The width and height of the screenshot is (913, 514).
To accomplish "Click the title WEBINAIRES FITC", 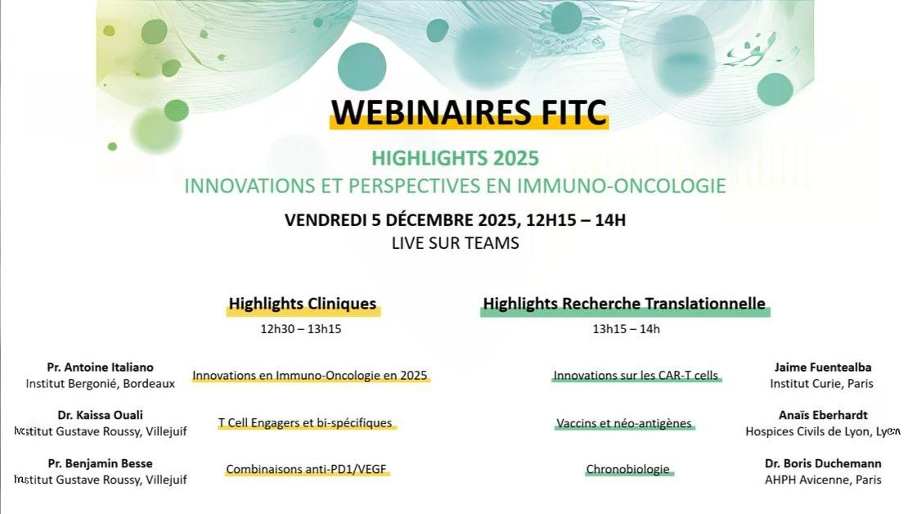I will coord(469,112).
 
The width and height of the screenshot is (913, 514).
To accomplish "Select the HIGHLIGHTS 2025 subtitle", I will coord(455,158).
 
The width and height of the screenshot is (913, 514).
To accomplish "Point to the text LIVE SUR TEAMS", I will coord(455,243).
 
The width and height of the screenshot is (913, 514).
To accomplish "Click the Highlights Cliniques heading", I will coord(303,304).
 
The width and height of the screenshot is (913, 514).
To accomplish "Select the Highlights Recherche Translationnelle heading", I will coord(624,304).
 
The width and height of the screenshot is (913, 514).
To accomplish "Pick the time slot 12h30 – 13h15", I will coord(300,329).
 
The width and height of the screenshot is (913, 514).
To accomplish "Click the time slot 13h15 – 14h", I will coord(626,329).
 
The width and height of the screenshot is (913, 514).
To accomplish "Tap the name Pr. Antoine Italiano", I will coord(101,367).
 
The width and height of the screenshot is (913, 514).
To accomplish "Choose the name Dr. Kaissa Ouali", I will coord(101,415).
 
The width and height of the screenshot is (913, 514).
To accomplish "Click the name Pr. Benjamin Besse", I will coord(101,463).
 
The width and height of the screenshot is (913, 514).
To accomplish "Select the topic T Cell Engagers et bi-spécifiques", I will coord(305,423).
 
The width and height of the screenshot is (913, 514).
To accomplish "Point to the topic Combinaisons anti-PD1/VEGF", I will coord(306,470).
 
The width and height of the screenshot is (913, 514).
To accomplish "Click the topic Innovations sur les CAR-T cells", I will coord(636,376).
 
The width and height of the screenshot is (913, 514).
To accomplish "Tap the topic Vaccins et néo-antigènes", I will coord(624,424).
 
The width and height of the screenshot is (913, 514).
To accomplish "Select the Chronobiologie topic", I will coord(627,470).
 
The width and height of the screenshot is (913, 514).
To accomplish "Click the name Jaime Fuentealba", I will coord(822,367).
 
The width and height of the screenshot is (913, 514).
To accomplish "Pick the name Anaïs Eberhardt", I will coord(822,415).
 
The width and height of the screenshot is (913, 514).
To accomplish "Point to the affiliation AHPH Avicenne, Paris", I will coord(822,480).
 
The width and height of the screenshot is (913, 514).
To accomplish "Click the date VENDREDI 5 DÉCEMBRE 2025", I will coord(398,220).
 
